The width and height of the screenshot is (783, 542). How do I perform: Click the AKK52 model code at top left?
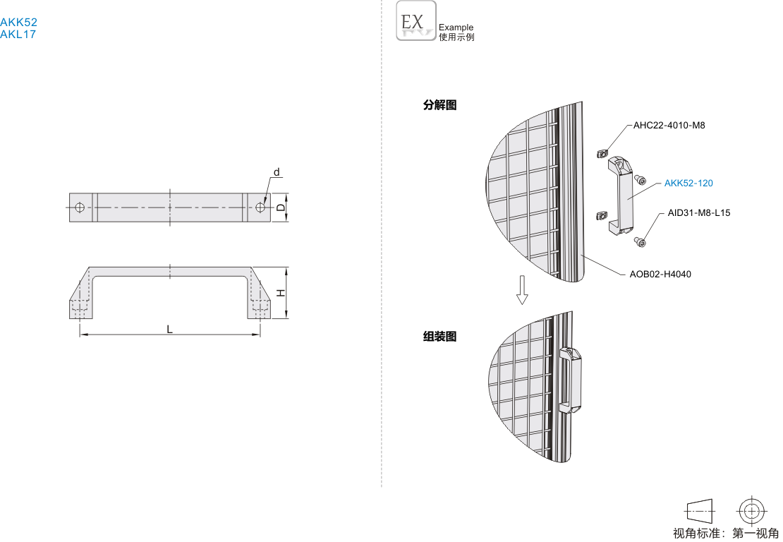point(18,23)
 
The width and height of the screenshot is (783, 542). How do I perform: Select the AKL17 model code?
point(18,34)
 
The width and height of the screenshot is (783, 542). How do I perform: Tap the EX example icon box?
point(416,21)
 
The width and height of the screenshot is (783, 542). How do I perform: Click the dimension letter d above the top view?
point(277,172)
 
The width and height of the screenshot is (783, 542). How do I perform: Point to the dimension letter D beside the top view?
point(280,207)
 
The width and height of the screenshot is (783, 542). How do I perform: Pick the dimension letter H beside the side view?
point(280,293)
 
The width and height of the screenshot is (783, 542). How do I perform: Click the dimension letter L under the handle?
point(169,329)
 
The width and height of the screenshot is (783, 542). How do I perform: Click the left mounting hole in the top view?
point(80,207)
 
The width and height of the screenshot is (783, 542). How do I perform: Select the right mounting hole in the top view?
point(261,207)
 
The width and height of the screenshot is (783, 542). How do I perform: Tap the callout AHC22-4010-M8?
point(669,126)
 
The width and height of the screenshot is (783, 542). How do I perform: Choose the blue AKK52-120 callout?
point(688,183)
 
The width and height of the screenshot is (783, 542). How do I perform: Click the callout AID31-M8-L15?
point(699,212)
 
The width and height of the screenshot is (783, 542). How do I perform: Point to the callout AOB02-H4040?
point(660,274)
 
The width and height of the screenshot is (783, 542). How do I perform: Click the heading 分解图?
point(439,105)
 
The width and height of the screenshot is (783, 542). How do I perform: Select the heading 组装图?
point(439,337)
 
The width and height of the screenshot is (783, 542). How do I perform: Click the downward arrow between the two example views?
point(522,289)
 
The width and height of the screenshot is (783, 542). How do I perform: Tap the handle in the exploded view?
point(620,194)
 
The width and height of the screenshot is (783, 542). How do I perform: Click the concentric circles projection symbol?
point(752,510)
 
